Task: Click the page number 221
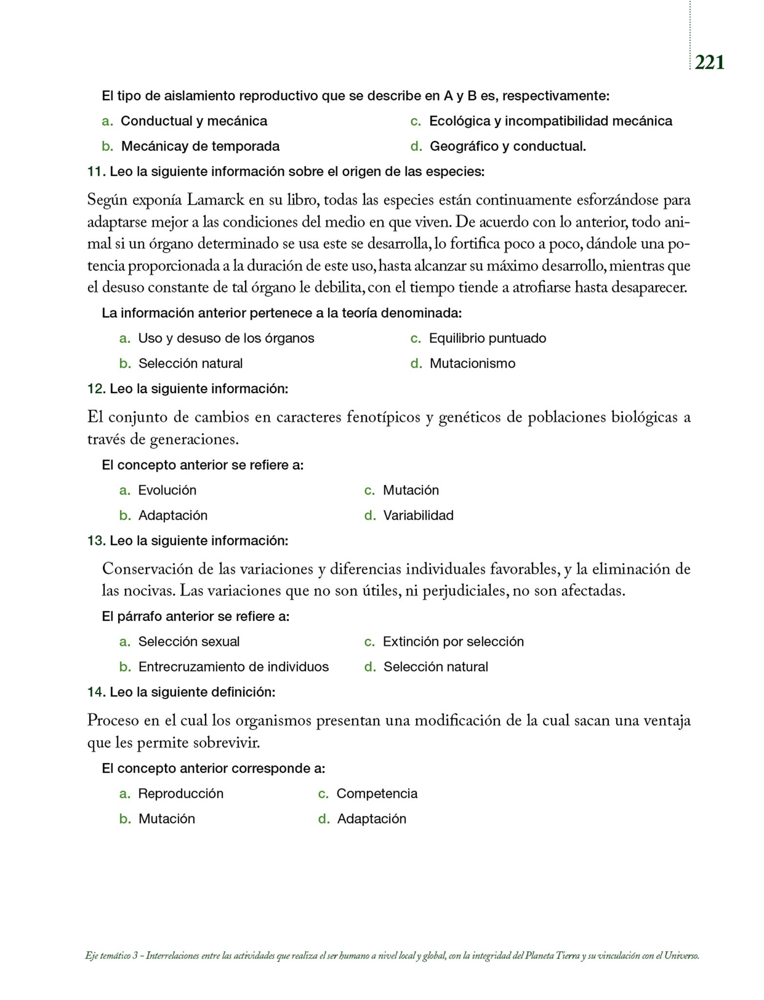709,62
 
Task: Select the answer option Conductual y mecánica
193,121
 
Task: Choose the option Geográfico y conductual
508,146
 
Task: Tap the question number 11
96,172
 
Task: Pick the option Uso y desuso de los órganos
226,338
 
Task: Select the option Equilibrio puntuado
487,338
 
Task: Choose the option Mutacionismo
472,364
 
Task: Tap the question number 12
96,389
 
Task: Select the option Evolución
167,490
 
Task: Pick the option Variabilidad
418,516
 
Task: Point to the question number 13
96,541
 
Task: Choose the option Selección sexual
189,642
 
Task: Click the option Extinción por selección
453,642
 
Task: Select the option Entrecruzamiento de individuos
233,667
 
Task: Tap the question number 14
96,692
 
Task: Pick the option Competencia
377,793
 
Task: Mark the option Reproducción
181,793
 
